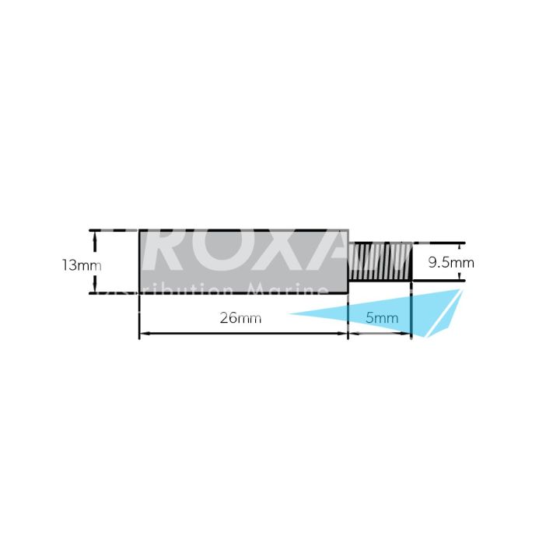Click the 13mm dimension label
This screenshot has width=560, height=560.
point(82,264)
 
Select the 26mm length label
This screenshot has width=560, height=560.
point(240,318)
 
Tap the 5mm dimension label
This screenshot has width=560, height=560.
point(382,318)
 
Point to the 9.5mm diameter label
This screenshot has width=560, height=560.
point(451,263)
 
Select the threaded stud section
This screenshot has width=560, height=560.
point(380,262)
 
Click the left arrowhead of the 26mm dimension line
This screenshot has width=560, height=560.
point(143,334)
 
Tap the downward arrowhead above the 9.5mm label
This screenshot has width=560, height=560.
point(459,247)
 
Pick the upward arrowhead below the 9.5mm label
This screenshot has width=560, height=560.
point(459,276)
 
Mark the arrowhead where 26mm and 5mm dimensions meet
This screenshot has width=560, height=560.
point(347,334)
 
